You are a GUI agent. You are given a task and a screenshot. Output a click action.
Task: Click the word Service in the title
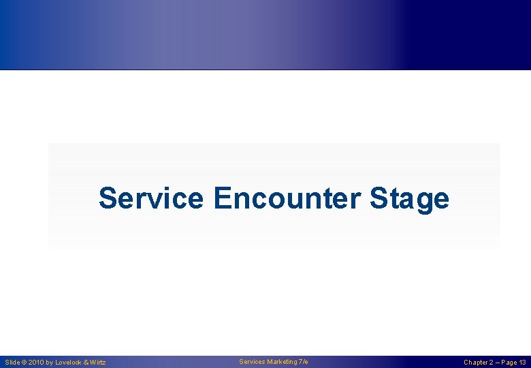[150, 199]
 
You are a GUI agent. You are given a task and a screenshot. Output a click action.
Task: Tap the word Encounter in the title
[287, 199]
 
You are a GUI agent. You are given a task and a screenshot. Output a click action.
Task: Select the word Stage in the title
[409, 199]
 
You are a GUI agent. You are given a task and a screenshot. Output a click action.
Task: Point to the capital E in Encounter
[222, 199]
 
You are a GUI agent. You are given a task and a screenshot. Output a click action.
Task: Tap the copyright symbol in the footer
[26, 363]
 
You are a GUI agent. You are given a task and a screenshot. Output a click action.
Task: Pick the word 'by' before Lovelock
[50, 363]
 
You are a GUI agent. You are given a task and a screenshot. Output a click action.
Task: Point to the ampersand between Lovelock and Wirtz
[86, 363]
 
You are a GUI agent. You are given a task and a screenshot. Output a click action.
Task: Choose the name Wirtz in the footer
[97, 363]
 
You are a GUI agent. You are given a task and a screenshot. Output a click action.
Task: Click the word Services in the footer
[252, 362]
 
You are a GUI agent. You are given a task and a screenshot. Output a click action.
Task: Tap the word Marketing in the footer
[282, 362]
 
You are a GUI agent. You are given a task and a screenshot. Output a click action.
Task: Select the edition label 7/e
[303, 362]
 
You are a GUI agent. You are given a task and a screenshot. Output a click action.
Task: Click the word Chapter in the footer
[477, 363]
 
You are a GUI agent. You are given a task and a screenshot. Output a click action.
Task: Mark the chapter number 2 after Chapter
[494, 363]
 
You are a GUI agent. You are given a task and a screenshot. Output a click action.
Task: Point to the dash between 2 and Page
[499, 363]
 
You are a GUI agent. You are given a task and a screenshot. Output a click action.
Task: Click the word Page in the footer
[509, 363]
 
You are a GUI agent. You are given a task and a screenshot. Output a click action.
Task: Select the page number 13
[522, 363]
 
